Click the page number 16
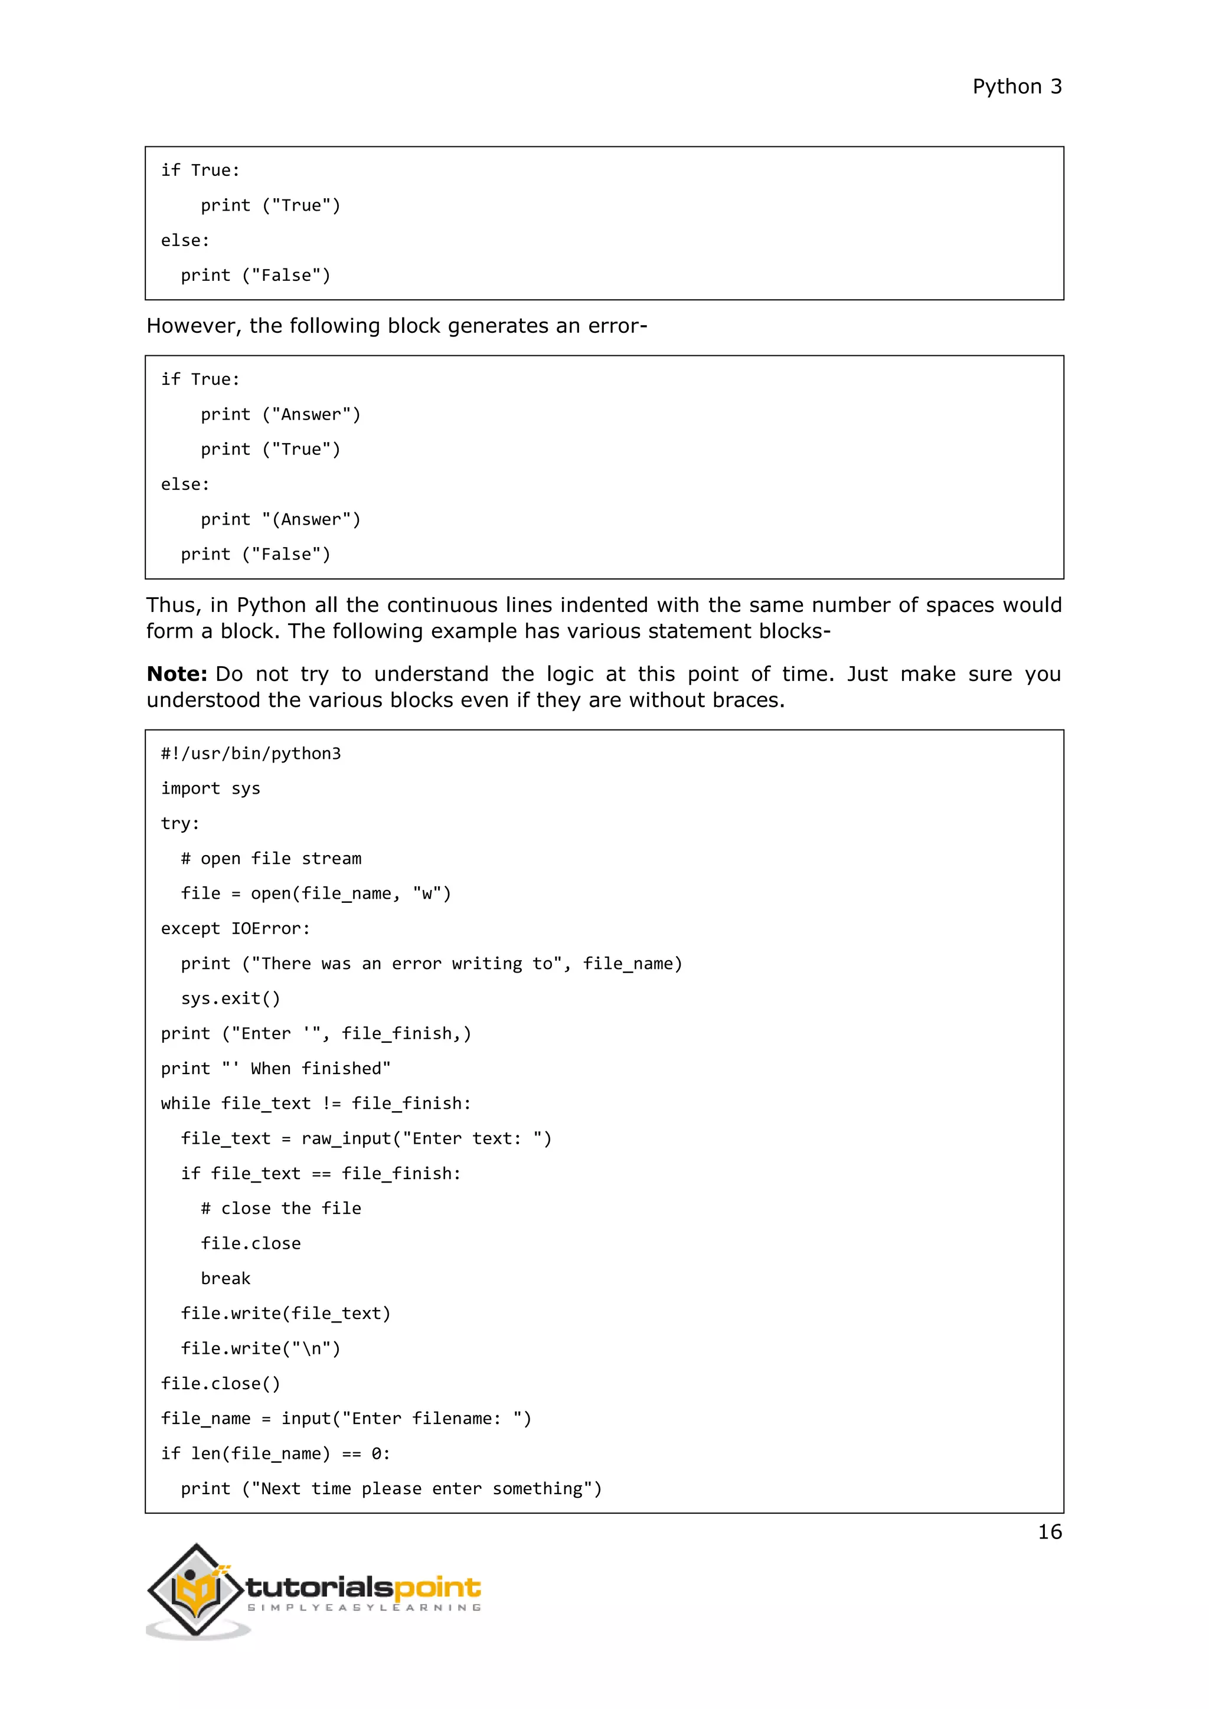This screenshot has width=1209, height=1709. point(1049,1532)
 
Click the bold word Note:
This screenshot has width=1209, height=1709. point(177,675)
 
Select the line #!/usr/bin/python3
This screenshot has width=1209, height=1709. point(251,754)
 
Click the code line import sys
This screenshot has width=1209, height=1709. point(211,789)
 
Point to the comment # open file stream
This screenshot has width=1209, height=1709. point(271,859)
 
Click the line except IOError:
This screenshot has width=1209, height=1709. point(236,929)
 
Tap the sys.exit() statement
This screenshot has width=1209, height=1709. point(231,999)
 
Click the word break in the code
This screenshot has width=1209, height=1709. point(226,1279)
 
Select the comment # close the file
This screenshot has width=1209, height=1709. point(280,1209)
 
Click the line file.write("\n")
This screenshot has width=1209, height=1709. point(260,1349)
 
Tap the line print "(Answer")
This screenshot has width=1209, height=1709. point(280,519)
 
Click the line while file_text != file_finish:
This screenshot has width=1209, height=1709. point(316,1104)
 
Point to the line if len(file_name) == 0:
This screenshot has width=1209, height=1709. point(276,1453)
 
